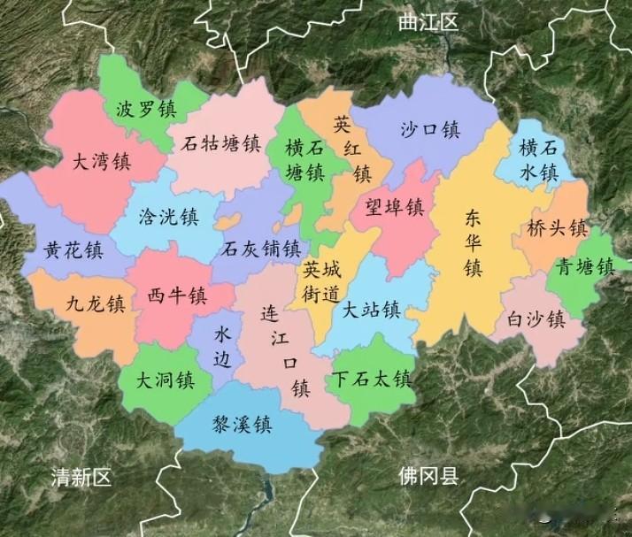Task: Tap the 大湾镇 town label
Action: [102, 163]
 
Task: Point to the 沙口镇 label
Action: [430, 130]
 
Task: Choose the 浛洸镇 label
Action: [169, 217]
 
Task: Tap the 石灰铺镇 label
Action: [262, 248]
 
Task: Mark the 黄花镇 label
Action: [73, 251]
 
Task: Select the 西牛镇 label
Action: [177, 295]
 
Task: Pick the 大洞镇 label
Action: [166, 381]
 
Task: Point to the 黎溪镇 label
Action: [242, 426]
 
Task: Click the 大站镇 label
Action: [372, 311]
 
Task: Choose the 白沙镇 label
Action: [536, 319]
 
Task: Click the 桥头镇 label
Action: [557, 228]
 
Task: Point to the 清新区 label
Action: [82, 479]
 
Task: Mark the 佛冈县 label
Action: [428, 478]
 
